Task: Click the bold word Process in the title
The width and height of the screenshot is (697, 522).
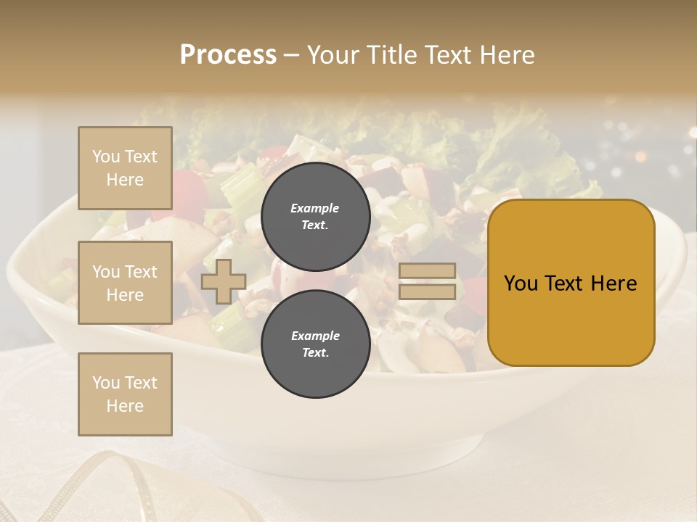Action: (228, 55)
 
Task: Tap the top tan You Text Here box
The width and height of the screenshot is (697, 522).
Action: (125, 168)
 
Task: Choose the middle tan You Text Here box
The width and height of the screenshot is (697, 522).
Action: (125, 283)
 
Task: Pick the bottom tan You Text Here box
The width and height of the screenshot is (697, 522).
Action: (125, 394)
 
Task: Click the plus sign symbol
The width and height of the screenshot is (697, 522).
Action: (223, 281)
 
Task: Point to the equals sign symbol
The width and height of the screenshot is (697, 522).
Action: (428, 281)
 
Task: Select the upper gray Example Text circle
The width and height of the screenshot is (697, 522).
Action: (315, 216)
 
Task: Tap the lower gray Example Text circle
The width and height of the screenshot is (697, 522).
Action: (315, 344)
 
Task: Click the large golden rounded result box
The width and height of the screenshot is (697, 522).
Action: (571, 283)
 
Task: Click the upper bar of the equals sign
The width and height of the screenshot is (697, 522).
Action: (428, 271)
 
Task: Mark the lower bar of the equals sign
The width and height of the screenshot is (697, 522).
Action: (428, 292)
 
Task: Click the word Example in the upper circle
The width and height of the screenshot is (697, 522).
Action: (315, 208)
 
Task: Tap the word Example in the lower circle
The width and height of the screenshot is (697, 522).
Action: (315, 336)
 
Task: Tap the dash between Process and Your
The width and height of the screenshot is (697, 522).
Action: (291, 55)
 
